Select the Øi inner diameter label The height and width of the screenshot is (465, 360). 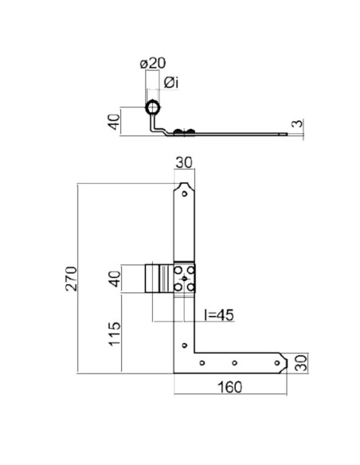(170, 83)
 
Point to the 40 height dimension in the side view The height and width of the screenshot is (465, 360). (114, 122)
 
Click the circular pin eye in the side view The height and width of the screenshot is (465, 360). (152, 108)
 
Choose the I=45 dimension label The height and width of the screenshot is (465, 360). (219, 315)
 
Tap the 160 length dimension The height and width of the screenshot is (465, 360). (229, 388)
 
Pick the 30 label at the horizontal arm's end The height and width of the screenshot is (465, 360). (299, 362)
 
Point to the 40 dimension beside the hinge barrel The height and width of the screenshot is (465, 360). (114, 280)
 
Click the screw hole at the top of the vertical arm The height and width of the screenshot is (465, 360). (185, 192)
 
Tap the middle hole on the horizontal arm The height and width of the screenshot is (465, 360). (233, 363)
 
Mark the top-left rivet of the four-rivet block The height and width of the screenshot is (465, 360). (178, 272)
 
